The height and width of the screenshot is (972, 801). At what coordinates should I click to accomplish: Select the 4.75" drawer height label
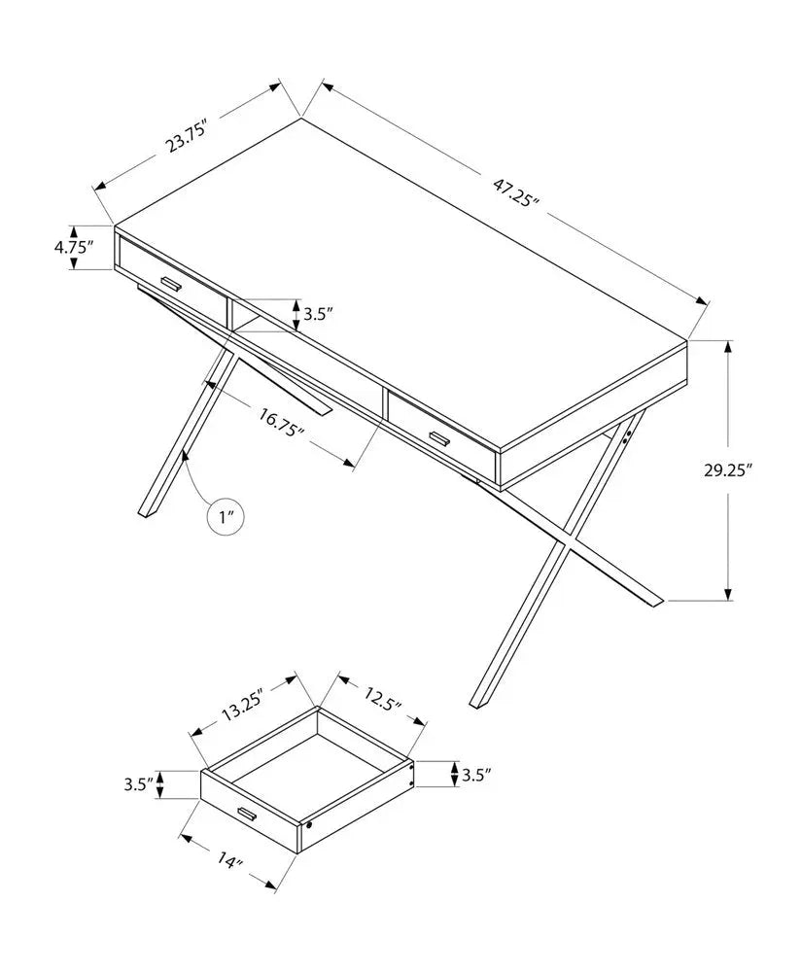pyautogui.click(x=73, y=247)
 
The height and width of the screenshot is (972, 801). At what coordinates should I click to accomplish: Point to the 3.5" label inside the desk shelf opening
pyautogui.click(x=319, y=314)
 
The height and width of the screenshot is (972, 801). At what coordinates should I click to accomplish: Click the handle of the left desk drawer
pyautogui.click(x=172, y=283)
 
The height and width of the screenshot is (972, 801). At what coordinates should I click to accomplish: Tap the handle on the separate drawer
pyautogui.click(x=243, y=814)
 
